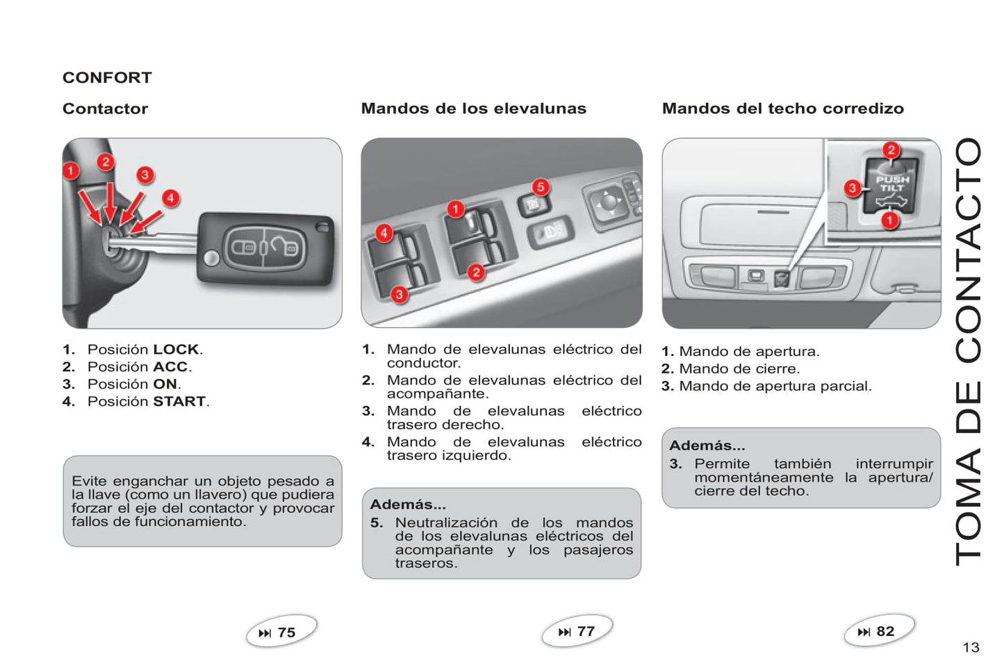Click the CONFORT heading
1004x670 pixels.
pos(107,78)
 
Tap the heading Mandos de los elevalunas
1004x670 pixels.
pos(473,108)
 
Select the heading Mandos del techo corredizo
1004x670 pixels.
pos(782,108)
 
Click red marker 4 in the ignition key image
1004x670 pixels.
pos(170,198)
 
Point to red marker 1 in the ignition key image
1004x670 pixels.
pos(71,170)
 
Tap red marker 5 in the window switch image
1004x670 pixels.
pos(541,187)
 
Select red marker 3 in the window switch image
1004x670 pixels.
pos(399,295)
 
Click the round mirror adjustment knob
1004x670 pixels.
pos(608,202)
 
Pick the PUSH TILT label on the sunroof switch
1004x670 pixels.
pos(892,183)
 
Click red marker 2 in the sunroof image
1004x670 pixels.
pos(891,149)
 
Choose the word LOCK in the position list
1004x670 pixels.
pos(176,350)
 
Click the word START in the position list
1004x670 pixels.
pos(179,402)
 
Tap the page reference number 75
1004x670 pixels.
pos(286,632)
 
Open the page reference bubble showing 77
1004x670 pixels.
pos(577,631)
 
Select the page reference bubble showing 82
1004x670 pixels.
pos(878,631)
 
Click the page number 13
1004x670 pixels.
pos(971,648)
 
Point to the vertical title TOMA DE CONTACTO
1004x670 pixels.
pos(968,351)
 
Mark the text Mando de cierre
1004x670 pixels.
pos(739,369)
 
